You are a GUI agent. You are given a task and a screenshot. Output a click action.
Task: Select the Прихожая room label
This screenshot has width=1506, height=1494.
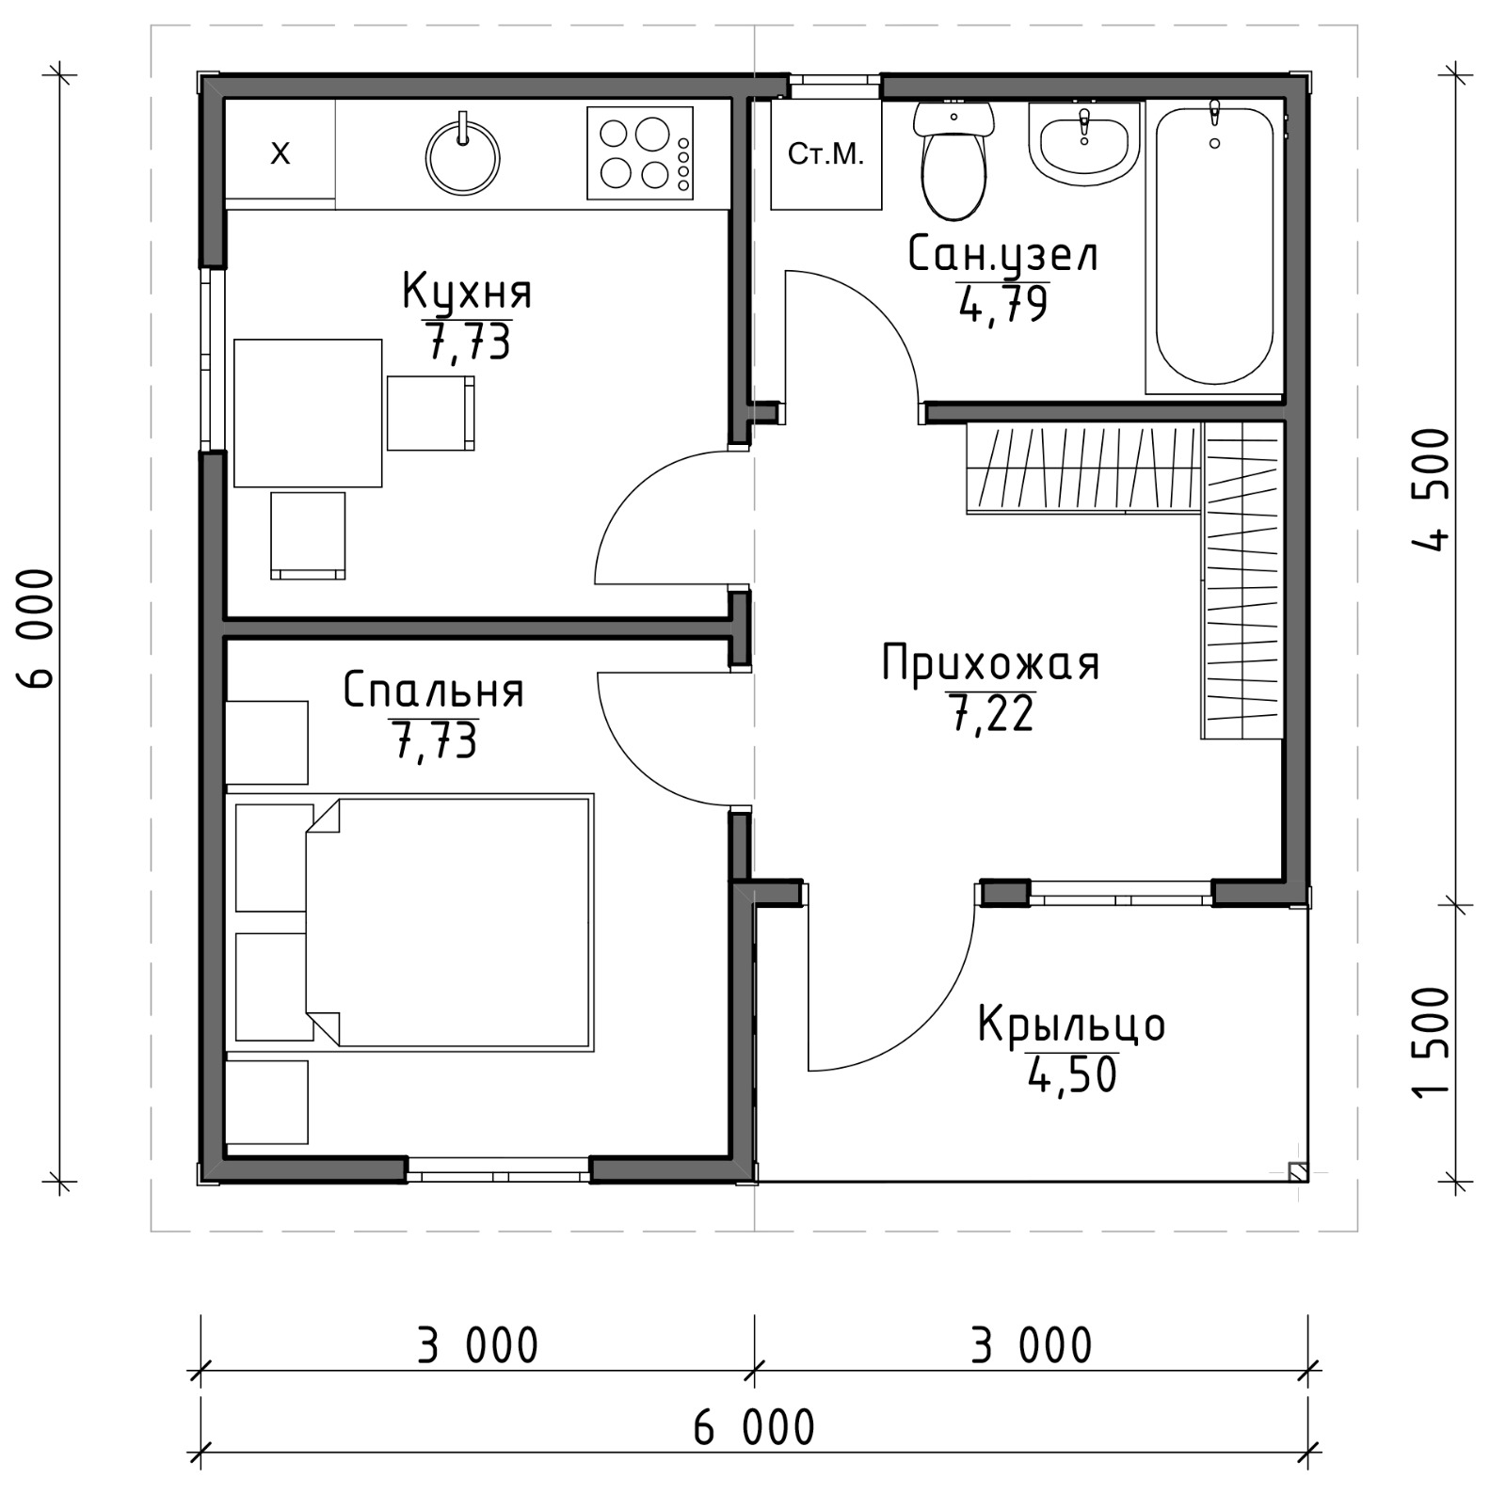(990, 663)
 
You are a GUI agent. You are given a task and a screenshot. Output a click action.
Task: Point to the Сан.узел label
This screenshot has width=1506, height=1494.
(1002, 254)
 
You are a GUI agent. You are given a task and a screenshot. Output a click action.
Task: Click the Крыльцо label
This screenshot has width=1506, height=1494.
(1071, 1024)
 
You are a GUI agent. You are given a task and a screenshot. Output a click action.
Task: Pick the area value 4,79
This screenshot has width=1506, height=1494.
(1003, 304)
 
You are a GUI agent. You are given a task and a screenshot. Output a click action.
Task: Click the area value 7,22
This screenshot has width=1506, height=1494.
(991, 713)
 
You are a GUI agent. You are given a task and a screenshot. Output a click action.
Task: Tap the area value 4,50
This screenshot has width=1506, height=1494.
(1072, 1074)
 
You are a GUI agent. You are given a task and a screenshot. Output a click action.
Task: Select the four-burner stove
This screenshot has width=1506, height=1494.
(640, 153)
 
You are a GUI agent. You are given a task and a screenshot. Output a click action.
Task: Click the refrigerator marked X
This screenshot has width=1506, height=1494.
(280, 151)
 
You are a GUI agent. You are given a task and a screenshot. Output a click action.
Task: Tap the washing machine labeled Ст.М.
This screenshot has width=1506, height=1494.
(826, 153)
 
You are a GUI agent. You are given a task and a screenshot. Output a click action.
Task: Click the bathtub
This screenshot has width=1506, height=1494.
(1215, 246)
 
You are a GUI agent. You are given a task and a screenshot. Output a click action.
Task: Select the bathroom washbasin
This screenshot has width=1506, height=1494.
(1084, 141)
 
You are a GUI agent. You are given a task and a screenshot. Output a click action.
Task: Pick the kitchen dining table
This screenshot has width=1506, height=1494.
(308, 413)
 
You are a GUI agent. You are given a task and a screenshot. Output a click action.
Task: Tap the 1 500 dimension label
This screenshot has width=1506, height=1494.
(1431, 1042)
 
